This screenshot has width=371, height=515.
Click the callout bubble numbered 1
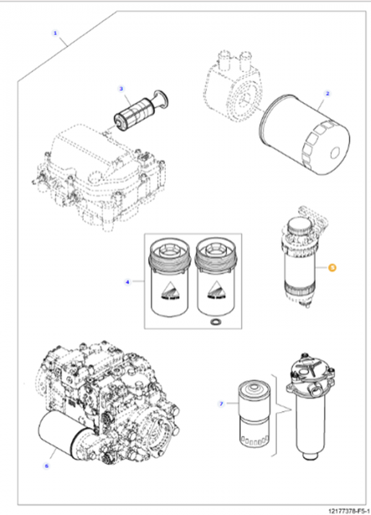point(54,34)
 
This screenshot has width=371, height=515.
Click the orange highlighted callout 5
point(333,269)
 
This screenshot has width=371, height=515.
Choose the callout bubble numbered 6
point(45,465)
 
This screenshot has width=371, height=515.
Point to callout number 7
point(221,404)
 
